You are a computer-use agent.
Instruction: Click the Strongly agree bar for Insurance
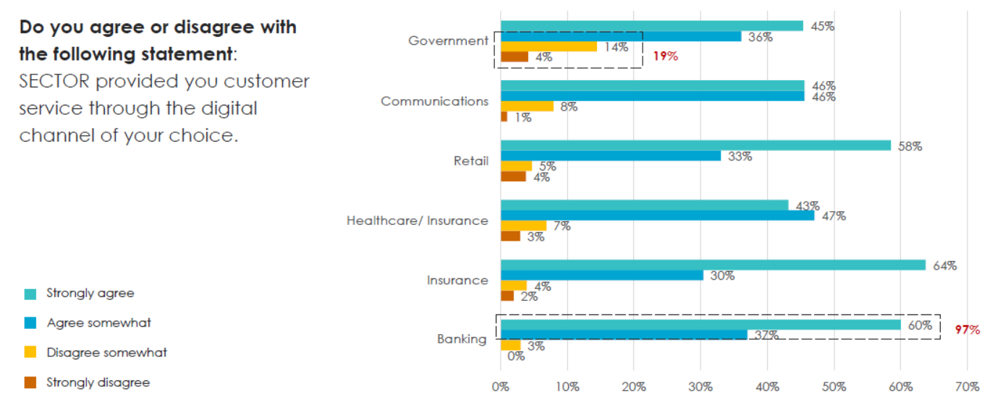click(713, 265)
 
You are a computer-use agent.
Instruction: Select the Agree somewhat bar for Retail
click(611, 155)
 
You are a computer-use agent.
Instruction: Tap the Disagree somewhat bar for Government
click(549, 46)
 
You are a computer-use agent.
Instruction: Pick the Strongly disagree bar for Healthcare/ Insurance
click(510, 236)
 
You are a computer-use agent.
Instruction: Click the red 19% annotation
click(665, 56)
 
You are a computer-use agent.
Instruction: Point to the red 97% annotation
click(967, 330)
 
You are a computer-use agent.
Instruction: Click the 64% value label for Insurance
click(945, 265)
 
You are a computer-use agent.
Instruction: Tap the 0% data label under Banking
click(515, 356)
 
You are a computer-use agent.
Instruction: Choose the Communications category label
click(435, 101)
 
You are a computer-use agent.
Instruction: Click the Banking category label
click(462, 339)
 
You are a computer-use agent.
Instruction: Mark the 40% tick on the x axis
click(767, 387)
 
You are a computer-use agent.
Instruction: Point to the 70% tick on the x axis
click(967, 387)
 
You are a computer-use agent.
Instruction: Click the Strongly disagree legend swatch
click(30, 383)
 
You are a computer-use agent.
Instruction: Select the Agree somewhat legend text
click(98, 323)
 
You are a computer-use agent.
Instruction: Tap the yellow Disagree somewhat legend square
click(30, 353)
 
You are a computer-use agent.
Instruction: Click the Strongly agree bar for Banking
click(700, 325)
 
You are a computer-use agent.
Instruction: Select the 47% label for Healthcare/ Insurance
click(834, 215)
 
